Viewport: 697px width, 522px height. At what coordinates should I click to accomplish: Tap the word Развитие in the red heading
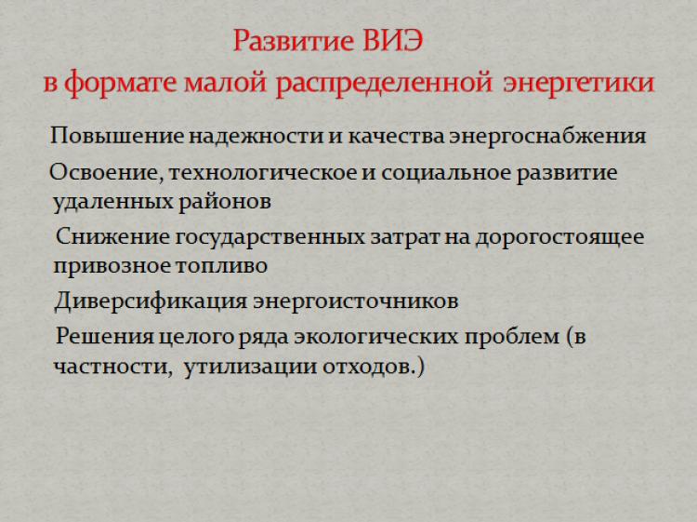point(294,41)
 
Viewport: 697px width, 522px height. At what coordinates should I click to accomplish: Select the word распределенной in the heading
point(384,83)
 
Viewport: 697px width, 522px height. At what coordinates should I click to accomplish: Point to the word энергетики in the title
point(578,83)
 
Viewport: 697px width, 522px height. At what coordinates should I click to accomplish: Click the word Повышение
point(116,135)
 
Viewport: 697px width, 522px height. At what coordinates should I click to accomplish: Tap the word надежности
point(256,136)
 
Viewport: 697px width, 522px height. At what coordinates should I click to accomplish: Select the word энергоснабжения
point(547,136)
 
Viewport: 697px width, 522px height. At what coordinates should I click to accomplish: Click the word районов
point(225,203)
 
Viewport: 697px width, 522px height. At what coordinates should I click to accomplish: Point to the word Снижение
point(112,236)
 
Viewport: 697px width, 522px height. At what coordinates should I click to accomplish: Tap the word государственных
point(270,237)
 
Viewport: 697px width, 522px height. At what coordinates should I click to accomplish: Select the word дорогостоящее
point(559,237)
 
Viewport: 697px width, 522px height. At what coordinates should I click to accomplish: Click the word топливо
point(221,266)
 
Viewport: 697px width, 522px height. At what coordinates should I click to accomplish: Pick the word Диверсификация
point(151,301)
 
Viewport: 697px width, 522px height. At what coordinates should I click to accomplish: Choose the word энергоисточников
point(356,301)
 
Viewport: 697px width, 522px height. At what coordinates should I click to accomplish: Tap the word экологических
point(375,337)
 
